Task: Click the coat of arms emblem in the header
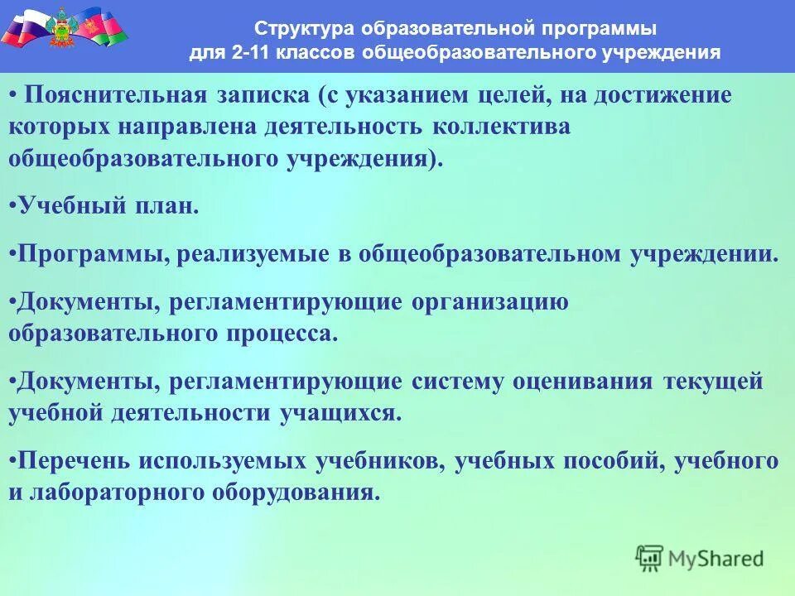[63, 26]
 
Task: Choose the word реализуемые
[252, 253]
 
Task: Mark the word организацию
[489, 302]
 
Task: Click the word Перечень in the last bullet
[73, 461]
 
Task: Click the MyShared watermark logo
[700, 559]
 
